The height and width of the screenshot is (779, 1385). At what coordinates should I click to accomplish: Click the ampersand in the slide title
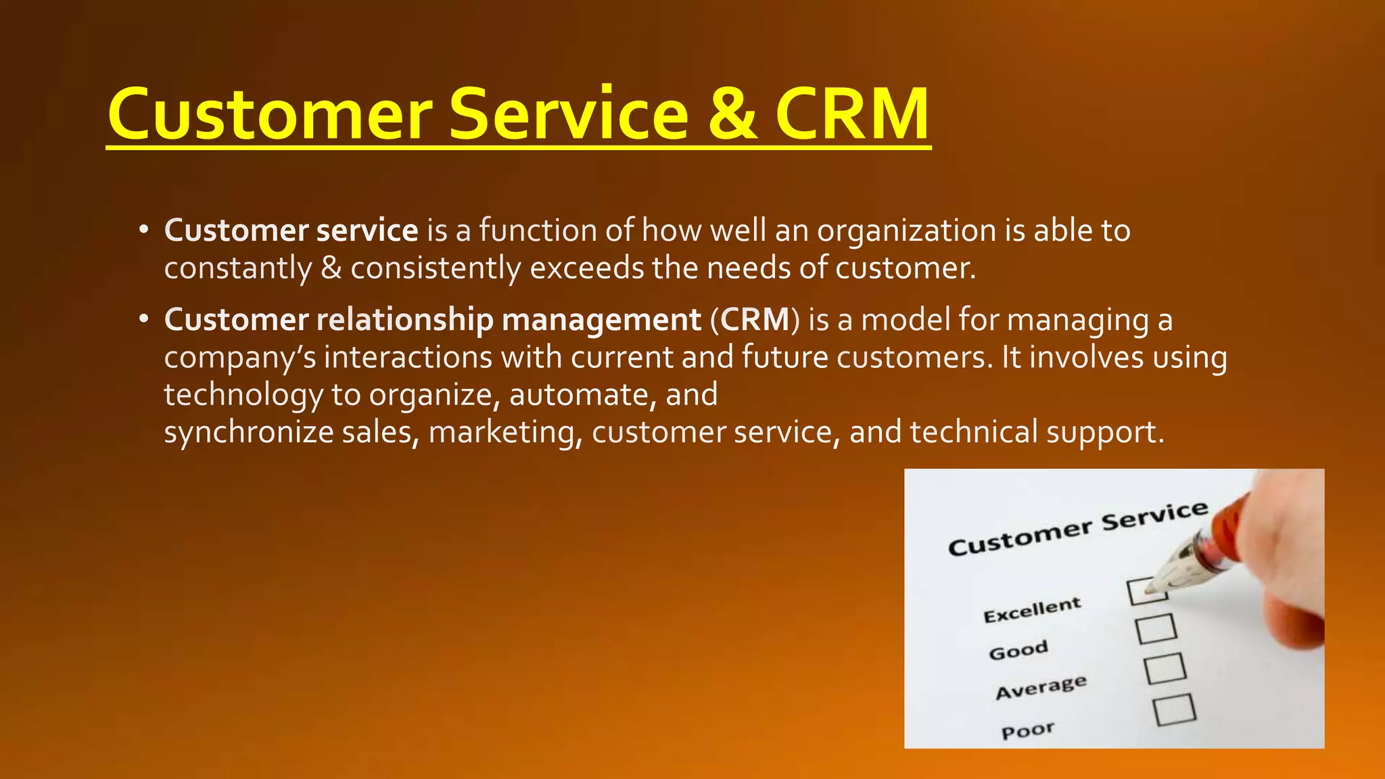tap(732, 114)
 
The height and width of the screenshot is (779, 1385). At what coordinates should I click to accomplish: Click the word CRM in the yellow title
tap(852, 114)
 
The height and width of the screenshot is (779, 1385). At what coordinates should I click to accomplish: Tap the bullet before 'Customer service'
tap(143, 231)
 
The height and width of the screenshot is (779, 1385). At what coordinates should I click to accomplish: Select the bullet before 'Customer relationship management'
tap(143, 319)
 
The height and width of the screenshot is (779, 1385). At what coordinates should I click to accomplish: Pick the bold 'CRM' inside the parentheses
tap(755, 319)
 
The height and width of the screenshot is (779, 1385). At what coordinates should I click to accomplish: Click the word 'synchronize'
tap(249, 432)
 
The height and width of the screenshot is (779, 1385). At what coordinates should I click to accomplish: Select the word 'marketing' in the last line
tap(504, 432)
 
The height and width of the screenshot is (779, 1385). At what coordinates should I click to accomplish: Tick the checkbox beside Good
tap(1156, 629)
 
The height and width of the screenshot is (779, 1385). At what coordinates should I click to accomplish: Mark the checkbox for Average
tap(1165, 668)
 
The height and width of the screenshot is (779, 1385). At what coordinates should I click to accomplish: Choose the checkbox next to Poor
tap(1174, 709)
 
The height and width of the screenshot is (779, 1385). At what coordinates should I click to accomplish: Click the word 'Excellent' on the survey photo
tap(1032, 610)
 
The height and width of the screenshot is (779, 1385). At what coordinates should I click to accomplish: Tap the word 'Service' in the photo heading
tap(1154, 517)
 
